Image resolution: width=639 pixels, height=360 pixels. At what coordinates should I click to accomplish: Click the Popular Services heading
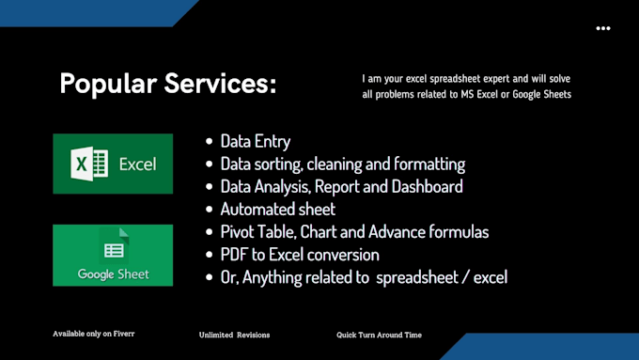coord(167,84)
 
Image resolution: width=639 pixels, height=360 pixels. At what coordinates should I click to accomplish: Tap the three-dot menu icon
coord(603,28)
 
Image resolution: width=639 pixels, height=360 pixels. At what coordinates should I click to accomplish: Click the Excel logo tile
coord(113,164)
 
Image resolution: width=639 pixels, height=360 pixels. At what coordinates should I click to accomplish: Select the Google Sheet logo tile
coord(113,256)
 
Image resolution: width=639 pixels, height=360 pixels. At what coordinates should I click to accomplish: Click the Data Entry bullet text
coord(255,142)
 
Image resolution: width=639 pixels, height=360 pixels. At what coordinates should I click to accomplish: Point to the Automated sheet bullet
coord(277,210)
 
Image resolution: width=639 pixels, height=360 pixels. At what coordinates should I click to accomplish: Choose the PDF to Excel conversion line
coord(300,255)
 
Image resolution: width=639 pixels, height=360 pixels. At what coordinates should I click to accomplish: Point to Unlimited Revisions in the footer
coord(235,335)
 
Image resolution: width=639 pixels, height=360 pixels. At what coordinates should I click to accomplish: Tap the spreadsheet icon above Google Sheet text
coord(114,250)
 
